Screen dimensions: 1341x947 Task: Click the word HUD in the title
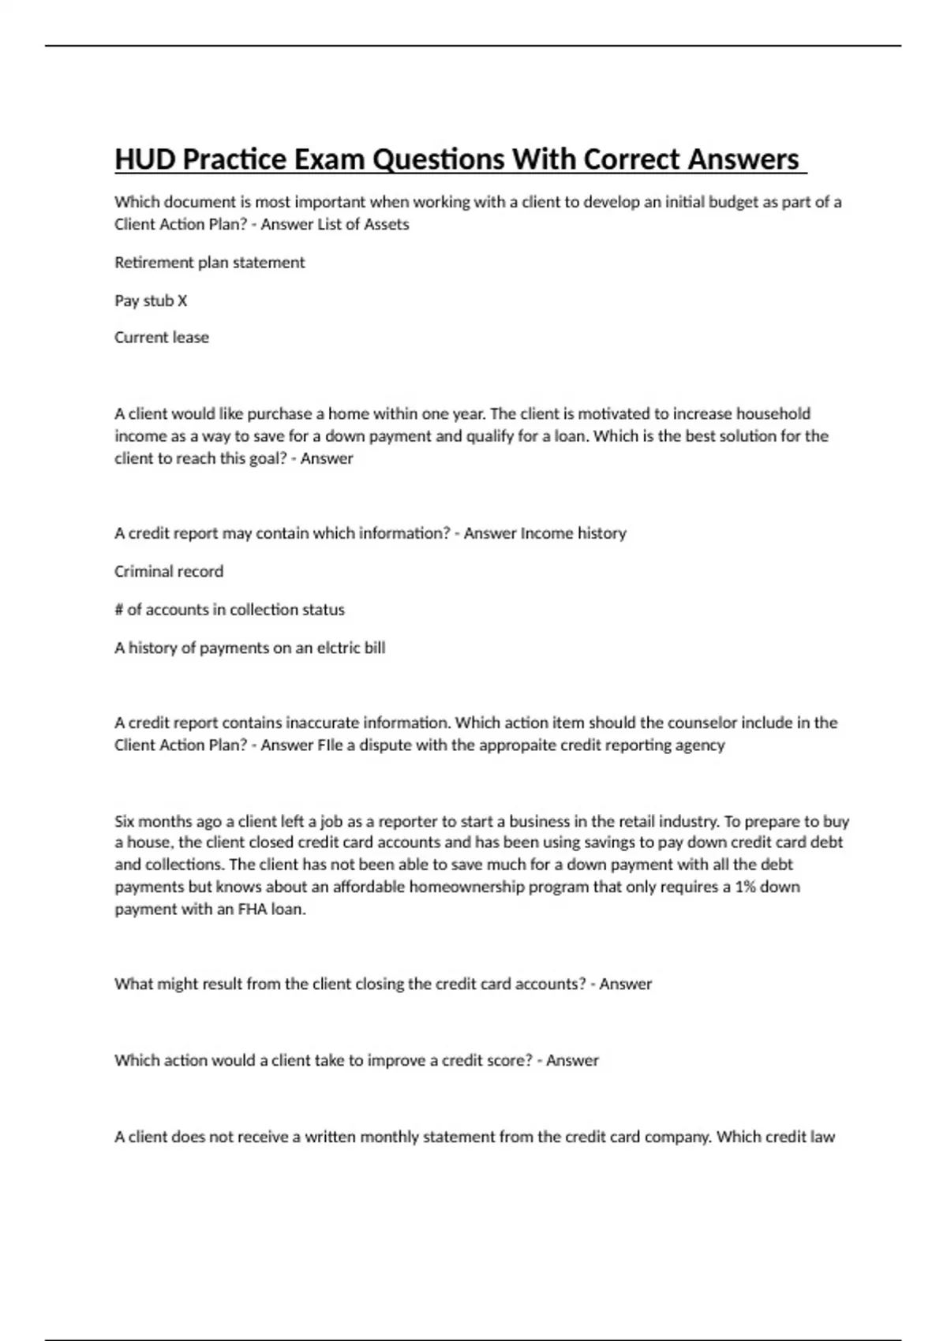click(146, 159)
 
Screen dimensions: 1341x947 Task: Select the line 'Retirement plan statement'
click(209, 263)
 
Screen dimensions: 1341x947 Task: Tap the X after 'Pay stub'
click(182, 301)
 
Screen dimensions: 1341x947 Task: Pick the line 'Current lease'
click(162, 338)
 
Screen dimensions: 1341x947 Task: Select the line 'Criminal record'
click(169, 572)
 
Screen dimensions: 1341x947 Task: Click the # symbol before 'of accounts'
click(119, 610)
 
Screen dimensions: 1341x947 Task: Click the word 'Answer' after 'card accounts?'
click(625, 984)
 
